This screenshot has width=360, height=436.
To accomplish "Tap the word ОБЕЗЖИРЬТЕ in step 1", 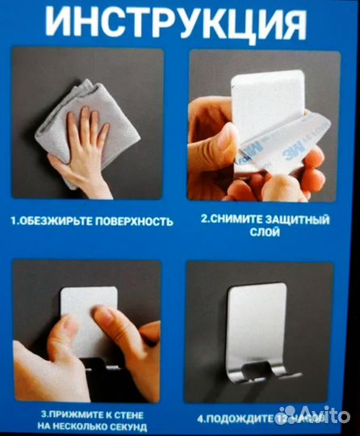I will (54, 220).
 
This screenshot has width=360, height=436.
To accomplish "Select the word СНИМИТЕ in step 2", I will (242, 218).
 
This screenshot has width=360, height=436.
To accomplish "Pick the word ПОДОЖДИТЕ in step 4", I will (241, 418).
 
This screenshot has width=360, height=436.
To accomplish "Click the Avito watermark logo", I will (315, 415).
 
